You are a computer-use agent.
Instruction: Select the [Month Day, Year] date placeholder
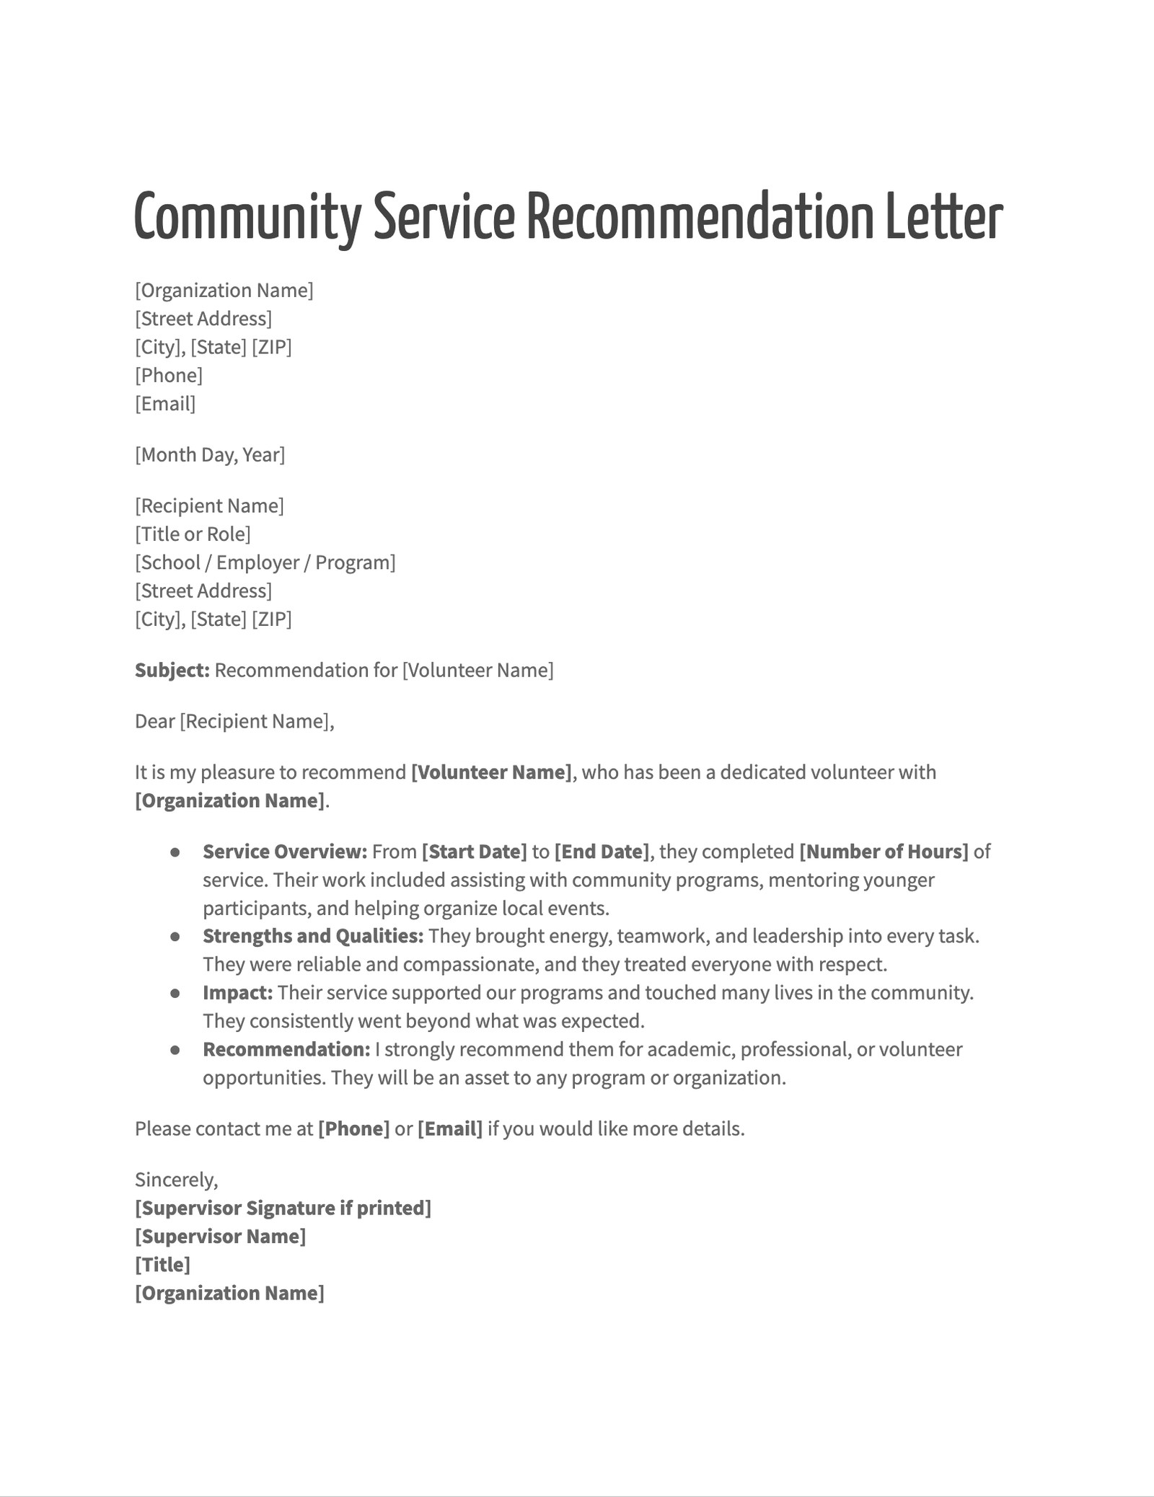(210, 455)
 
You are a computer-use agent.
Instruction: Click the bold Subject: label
(172, 671)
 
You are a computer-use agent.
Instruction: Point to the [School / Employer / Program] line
(265, 562)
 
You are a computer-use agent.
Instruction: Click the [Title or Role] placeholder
(193, 534)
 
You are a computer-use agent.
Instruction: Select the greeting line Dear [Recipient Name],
(234, 722)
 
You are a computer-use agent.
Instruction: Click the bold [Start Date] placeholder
(474, 852)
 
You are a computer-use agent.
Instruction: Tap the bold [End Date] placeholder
(602, 852)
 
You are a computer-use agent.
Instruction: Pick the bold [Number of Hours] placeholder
(884, 852)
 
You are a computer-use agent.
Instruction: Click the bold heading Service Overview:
(285, 852)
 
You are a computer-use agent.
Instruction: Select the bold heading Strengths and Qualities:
(313, 936)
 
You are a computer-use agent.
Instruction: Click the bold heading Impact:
(237, 993)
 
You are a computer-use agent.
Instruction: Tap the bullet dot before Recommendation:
(175, 1050)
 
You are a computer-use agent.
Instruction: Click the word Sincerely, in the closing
(176, 1180)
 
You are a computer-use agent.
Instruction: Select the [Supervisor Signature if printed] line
(283, 1208)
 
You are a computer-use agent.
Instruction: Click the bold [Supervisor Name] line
(220, 1237)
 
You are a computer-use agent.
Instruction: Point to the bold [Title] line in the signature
(162, 1265)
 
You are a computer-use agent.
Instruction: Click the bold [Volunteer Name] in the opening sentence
(491, 772)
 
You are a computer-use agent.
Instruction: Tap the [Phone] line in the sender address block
(169, 376)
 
